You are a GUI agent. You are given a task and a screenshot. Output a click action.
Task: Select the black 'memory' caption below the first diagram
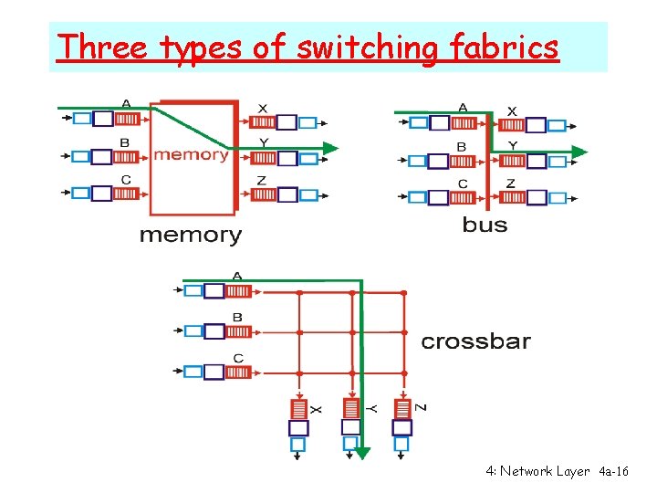pyautogui.click(x=190, y=236)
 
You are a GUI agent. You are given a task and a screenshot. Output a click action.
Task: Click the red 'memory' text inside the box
pyautogui.click(x=191, y=154)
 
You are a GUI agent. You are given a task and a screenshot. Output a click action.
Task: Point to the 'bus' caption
pyautogui.click(x=485, y=225)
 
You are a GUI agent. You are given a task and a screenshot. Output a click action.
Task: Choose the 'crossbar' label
pyautogui.click(x=475, y=342)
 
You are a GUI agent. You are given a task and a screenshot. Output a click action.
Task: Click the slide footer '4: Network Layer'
pyautogui.click(x=538, y=471)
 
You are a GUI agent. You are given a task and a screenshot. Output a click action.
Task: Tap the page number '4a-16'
pyautogui.click(x=614, y=471)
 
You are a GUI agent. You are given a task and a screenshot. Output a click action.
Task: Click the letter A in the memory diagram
pyautogui.click(x=125, y=103)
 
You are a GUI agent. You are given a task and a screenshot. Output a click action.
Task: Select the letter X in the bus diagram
pyautogui.click(x=511, y=111)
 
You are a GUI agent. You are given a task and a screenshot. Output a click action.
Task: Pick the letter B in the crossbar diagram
pyautogui.click(x=237, y=318)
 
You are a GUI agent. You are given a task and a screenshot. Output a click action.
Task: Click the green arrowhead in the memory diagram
pyautogui.click(x=332, y=147)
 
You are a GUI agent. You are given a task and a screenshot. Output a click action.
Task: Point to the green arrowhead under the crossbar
pyautogui.click(x=362, y=451)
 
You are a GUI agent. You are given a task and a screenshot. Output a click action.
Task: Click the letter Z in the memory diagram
pyautogui.click(x=261, y=181)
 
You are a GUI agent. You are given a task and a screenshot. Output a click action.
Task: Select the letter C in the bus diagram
pyautogui.click(x=463, y=184)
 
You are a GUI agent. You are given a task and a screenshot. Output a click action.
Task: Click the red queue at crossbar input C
pyautogui.click(x=238, y=372)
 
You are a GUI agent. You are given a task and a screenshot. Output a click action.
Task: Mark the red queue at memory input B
pyautogui.click(x=127, y=156)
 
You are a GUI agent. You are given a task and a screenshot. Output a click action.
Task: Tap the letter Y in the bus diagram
pyautogui.click(x=512, y=146)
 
